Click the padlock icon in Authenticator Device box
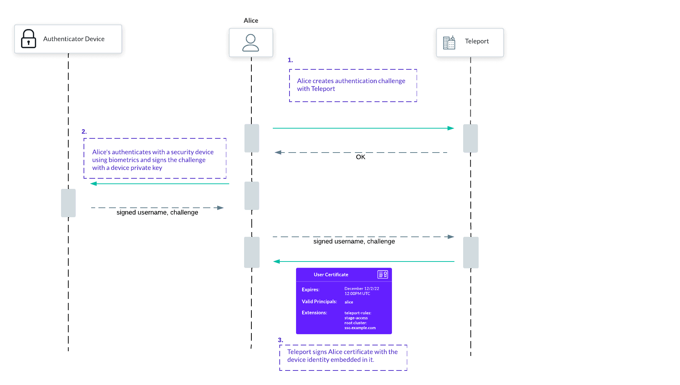pos(28,39)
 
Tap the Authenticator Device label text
pos(74,39)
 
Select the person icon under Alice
pos(251,43)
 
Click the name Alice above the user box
pos(251,20)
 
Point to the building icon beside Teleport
pos(449,42)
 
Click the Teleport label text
pos(477,41)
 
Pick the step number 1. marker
pos(290,60)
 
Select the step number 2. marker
pos(84,131)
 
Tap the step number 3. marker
pos(280,340)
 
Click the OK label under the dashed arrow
pos(360,157)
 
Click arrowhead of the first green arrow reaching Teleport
pos(451,128)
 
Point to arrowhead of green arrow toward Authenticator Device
pos(94,184)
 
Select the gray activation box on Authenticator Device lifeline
pos(68,203)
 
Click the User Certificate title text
pos(331,275)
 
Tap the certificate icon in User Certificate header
pos(382,275)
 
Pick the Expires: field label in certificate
pos(310,289)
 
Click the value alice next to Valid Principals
pos(349,302)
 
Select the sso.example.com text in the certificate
pos(360,328)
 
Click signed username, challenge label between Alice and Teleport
pos(354,242)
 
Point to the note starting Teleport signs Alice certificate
pos(343,356)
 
